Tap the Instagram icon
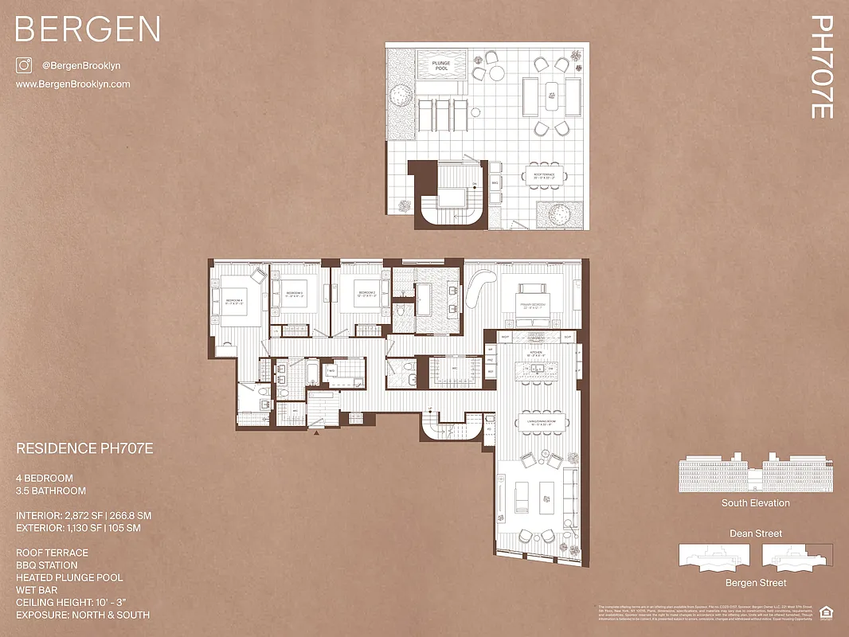(x=24, y=66)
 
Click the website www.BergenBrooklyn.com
(x=72, y=84)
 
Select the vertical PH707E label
(x=820, y=67)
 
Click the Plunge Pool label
(x=441, y=66)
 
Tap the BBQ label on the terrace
(x=495, y=182)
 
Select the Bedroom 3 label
(x=295, y=295)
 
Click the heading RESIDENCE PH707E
(x=84, y=449)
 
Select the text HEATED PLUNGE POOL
(x=69, y=577)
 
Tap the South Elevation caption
(x=755, y=503)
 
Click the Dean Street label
(x=755, y=533)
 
